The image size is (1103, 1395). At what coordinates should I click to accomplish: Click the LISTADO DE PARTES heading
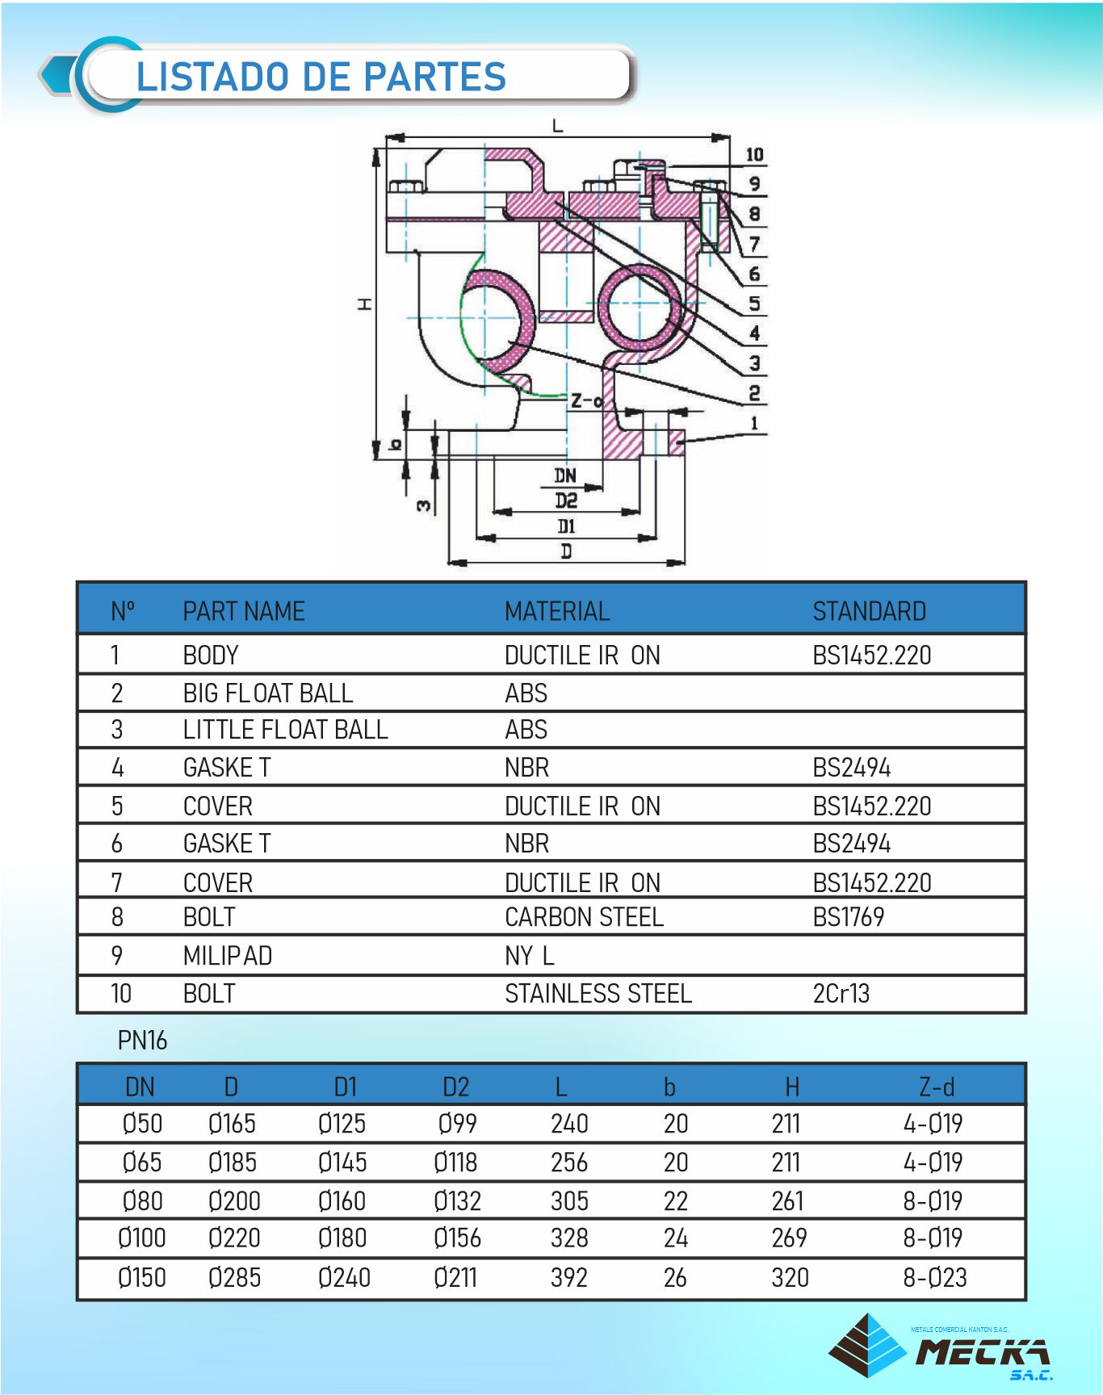coord(321,77)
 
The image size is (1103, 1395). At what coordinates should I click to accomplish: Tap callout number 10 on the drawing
coord(754,154)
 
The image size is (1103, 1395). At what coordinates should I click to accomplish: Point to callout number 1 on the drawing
coord(754,423)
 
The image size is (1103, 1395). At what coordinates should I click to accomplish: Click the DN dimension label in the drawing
coord(565,475)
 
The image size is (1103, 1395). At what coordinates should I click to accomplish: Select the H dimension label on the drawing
coord(366,304)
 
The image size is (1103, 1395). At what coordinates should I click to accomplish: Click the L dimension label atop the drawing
coord(557,126)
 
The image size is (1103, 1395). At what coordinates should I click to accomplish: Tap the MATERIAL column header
coord(556,611)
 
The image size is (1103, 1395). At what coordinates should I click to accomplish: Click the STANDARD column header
coord(869,611)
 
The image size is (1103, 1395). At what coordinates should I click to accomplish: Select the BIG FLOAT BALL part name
coord(267,693)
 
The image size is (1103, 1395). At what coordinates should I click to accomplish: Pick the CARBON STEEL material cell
coord(584,917)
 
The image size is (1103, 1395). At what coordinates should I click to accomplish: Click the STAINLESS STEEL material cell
coord(598,993)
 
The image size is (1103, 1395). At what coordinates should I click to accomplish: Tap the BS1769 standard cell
coord(848,917)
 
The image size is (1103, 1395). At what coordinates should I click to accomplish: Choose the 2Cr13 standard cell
coord(841,993)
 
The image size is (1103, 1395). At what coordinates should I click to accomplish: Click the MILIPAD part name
coord(227,956)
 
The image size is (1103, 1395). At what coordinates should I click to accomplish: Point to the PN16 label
coord(142,1041)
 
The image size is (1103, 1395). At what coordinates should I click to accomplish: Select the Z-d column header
coord(936,1087)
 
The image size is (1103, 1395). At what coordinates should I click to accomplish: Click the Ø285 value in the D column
coord(234,1277)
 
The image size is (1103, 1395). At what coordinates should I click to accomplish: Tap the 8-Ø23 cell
coord(934,1277)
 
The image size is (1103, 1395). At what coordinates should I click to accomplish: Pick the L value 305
coord(569,1201)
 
